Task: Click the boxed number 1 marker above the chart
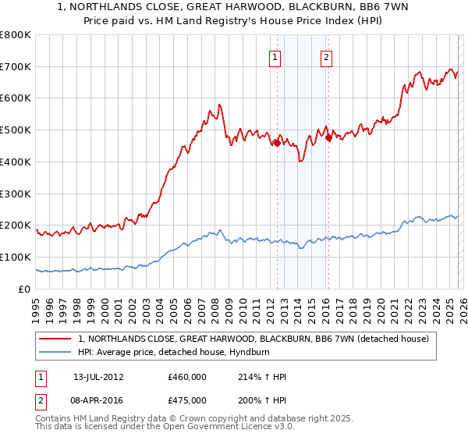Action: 276,56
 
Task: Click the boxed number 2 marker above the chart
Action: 325,56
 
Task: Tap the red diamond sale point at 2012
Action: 277,143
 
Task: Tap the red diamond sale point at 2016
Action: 328,138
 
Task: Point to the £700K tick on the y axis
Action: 16,67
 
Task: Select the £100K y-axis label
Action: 16,257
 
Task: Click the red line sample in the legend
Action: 55,339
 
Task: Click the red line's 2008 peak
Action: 220,104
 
